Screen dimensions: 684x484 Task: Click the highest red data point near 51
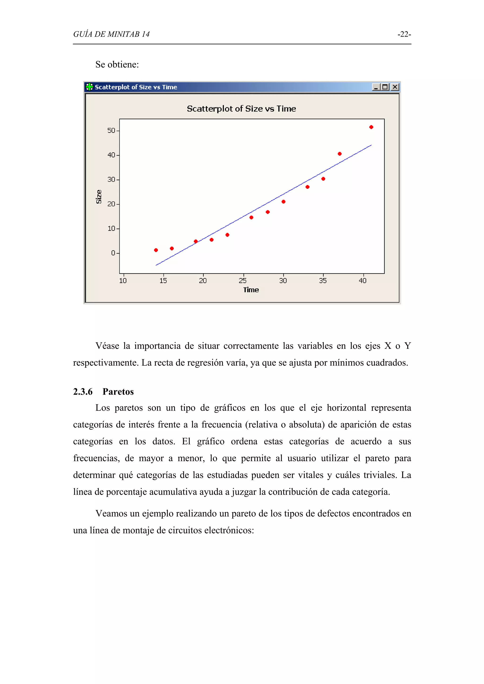[371, 127]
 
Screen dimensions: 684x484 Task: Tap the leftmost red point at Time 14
[156, 250]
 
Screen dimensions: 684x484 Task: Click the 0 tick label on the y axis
[113, 253]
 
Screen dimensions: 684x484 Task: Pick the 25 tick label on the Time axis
[243, 281]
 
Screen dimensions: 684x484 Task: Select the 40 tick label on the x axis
[363, 281]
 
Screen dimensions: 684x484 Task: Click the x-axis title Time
[251, 290]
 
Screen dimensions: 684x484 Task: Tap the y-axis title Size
[99, 197]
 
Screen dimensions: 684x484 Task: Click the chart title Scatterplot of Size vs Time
[241, 109]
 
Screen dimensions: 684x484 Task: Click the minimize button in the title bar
[376, 87]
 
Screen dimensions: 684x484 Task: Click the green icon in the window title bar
[89, 87]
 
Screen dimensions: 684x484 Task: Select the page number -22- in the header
[404, 34]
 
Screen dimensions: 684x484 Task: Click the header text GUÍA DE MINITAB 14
[111, 34]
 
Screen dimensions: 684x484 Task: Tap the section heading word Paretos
[118, 392]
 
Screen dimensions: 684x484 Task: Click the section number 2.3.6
[83, 392]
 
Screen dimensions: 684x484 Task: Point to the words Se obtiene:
[117, 64]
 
